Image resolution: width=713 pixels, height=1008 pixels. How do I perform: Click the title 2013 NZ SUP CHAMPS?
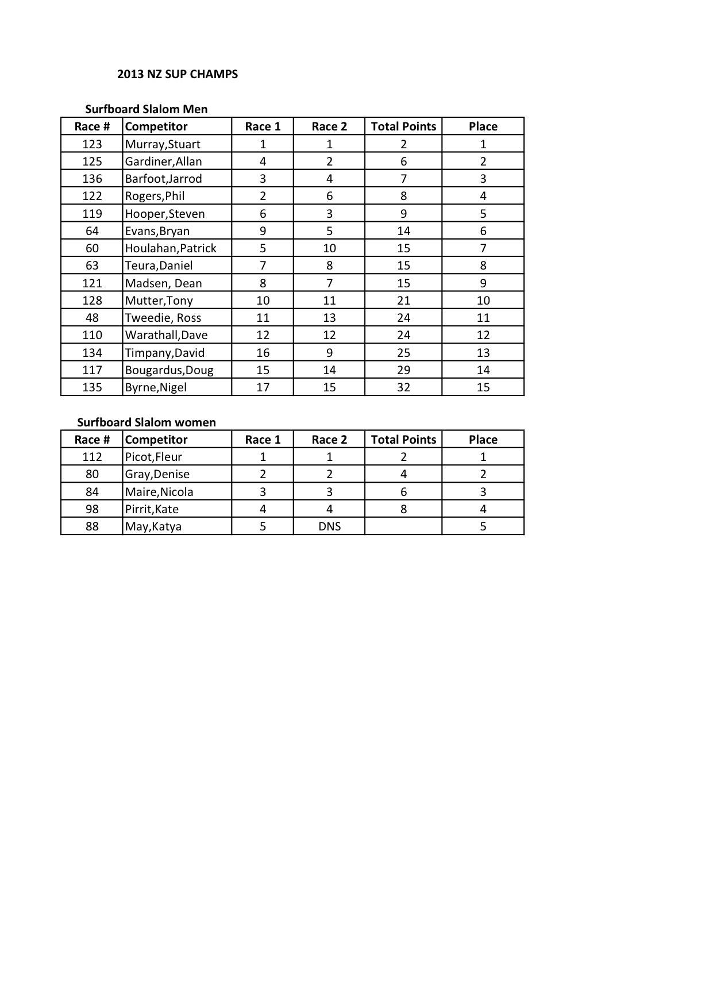pos(177,74)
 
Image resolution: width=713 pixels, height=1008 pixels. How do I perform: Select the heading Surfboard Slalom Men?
pos(146,109)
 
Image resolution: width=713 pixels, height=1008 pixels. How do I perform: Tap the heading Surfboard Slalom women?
pos(147,422)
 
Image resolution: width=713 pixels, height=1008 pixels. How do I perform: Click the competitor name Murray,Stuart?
pos(163,144)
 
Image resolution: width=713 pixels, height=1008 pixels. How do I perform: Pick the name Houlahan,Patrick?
pos(171,248)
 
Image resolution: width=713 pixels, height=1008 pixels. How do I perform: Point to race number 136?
pos(92,179)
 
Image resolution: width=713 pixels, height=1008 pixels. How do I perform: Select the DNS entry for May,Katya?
pos(329,526)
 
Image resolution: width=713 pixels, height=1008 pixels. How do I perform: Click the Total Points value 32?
pos(403,387)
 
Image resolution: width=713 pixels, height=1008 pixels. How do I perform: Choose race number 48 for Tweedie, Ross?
pos(92,318)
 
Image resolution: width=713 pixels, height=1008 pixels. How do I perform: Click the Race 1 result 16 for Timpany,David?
pos(263,353)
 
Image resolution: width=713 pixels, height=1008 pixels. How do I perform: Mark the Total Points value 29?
pos(403,370)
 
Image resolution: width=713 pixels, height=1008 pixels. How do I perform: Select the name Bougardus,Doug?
pos(169,370)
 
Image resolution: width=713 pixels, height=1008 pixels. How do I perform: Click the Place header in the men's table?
pos(483,126)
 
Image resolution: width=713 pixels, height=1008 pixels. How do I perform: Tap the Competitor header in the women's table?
pos(156,440)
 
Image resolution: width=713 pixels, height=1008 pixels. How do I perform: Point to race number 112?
pos(92,457)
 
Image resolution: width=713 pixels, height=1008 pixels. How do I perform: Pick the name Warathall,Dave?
pos(166,335)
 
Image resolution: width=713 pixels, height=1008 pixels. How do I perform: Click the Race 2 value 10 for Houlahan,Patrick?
pos(329,248)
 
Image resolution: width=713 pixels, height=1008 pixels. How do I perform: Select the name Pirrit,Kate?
pos(152,509)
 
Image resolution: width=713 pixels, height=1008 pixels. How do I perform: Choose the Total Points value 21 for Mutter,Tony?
pos(403,301)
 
